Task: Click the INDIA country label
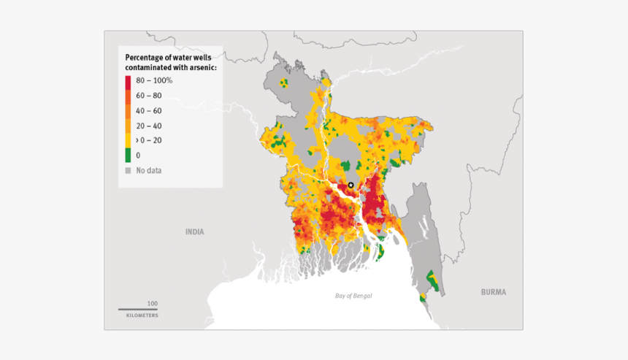(x=194, y=231)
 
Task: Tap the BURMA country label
(x=492, y=292)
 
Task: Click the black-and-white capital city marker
(x=351, y=185)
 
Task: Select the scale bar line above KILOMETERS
(x=138, y=310)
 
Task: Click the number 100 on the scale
(x=152, y=302)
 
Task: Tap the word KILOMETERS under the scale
(x=142, y=315)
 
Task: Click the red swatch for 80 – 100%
(x=128, y=81)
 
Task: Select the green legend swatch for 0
(x=128, y=155)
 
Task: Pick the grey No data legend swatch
(x=128, y=170)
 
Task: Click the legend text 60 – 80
(x=149, y=96)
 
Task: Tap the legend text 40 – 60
(x=149, y=111)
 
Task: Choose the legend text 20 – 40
(x=149, y=126)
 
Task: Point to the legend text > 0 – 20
(x=149, y=140)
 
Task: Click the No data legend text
(x=149, y=170)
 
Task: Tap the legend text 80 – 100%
(x=154, y=80)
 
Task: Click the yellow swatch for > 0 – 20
(x=128, y=140)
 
